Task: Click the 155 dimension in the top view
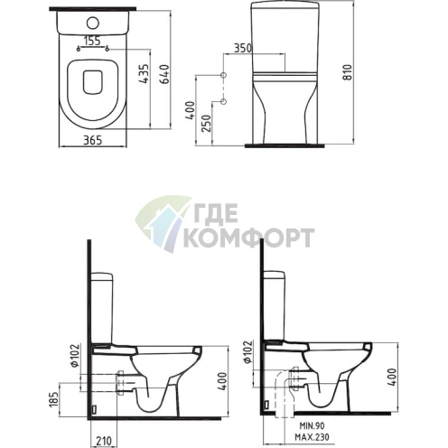pyautogui.click(x=92, y=41)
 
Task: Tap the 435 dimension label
pyautogui.click(x=144, y=73)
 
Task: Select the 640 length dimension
pyautogui.click(x=164, y=74)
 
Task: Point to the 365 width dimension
pyautogui.click(x=92, y=140)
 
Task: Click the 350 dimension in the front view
pyautogui.click(x=243, y=48)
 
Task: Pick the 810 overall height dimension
pyautogui.click(x=348, y=72)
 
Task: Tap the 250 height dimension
pyautogui.click(x=206, y=124)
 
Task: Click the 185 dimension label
pyautogui.click(x=54, y=400)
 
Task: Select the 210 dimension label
pyautogui.click(x=104, y=441)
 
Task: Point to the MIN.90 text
pyautogui.click(x=312, y=425)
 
